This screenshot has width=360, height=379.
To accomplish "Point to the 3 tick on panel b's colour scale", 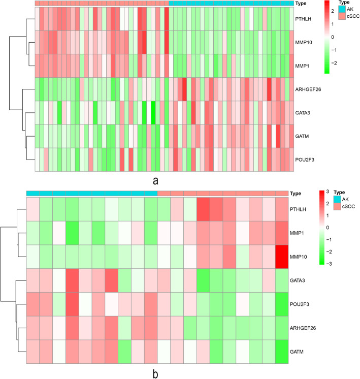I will [x=327, y=192].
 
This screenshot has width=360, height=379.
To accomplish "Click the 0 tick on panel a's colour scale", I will [x=332, y=37].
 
